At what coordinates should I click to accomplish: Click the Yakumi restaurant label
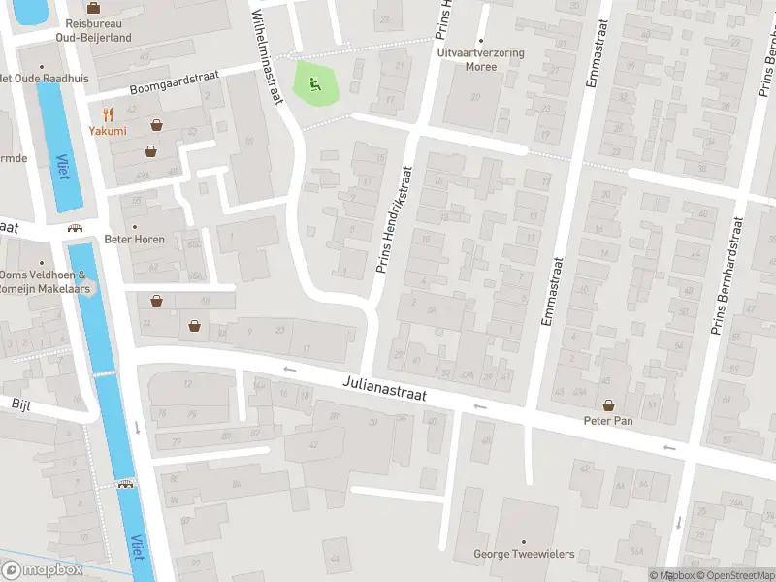coord(108,131)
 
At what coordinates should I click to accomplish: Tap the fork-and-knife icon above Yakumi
coord(108,113)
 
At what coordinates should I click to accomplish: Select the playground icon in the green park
coord(314,83)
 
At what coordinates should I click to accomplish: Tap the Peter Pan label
coord(608,421)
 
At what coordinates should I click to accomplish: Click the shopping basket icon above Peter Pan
coord(608,404)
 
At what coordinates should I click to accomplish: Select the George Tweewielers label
coord(524,555)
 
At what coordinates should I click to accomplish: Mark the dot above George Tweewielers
coord(524,541)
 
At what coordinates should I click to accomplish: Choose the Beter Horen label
coord(135,239)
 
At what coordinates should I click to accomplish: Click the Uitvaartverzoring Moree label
coord(480,60)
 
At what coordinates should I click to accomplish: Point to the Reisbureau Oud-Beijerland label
coord(93,29)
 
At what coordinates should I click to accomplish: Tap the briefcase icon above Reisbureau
coord(93,7)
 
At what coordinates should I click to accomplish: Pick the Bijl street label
coord(21,403)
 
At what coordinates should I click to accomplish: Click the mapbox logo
coord(43,570)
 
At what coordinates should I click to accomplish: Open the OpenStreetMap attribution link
coord(731,575)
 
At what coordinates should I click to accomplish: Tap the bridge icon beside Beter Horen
coord(75,228)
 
